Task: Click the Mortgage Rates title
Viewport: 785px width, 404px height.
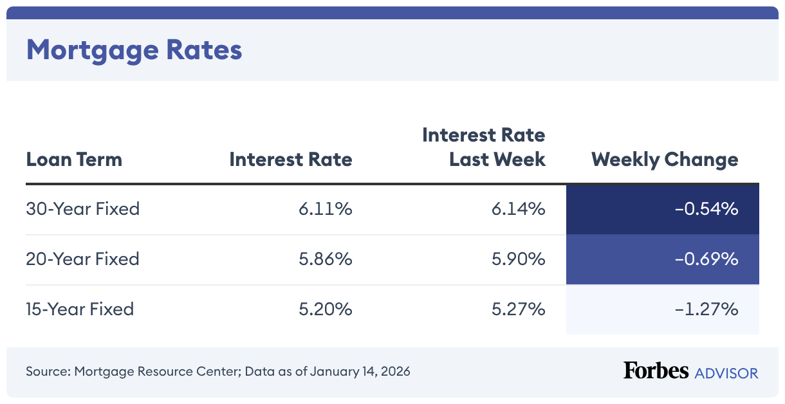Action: tap(134, 50)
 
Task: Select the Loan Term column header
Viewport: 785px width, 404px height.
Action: tap(74, 160)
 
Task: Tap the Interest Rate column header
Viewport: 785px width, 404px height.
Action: tap(290, 160)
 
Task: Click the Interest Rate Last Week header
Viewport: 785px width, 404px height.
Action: tap(484, 147)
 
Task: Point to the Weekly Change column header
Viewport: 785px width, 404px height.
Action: tap(665, 160)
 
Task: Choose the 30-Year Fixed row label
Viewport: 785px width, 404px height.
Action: tap(83, 209)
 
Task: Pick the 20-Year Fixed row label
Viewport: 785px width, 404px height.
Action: tap(83, 259)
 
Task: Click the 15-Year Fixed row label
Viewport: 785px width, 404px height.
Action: tap(80, 309)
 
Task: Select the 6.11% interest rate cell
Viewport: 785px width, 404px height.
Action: tap(325, 209)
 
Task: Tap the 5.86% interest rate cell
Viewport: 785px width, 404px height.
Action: tap(325, 259)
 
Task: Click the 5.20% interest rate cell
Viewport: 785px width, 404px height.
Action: tap(325, 309)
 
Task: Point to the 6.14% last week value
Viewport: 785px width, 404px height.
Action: tap(519, 209)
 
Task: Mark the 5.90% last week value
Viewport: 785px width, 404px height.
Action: tap(519, 259)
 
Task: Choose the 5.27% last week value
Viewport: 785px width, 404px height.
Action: tap(519, 309)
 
